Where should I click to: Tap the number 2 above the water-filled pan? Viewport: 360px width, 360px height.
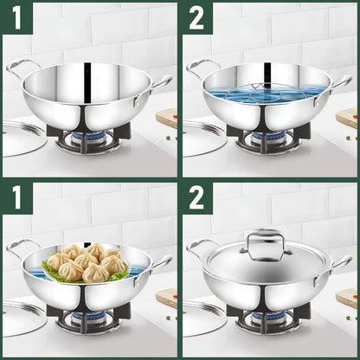point(196,16)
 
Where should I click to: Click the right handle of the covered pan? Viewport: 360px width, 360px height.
point(342,262)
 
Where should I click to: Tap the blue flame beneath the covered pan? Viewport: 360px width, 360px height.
point(265,317)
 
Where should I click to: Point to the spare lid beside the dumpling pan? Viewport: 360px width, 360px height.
point(22,317)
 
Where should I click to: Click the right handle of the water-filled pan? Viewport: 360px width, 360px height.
point(342,82)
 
